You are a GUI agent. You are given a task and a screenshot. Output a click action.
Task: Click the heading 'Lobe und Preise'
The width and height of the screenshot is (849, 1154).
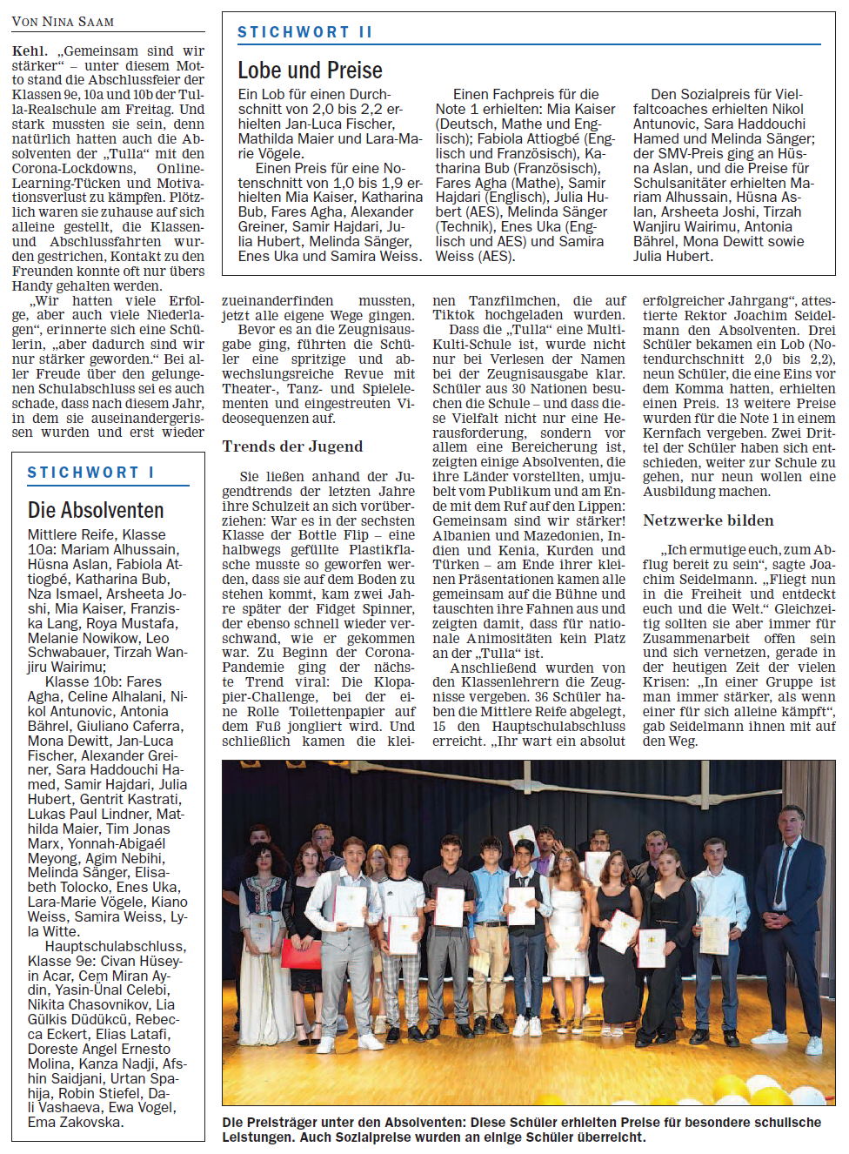310,70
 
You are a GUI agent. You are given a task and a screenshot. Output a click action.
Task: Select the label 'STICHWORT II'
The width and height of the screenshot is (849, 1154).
304,32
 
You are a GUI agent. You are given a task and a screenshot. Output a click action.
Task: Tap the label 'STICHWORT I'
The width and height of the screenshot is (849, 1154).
90,473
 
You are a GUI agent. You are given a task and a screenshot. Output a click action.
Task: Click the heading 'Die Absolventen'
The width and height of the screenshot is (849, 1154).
96,510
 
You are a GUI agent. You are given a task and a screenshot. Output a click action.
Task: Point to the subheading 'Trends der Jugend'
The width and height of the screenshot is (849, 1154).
292,446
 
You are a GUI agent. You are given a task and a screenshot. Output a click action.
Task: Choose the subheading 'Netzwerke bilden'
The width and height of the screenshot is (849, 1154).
708,520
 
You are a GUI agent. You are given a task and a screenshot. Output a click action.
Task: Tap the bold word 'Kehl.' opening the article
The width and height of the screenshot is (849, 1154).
30,51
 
